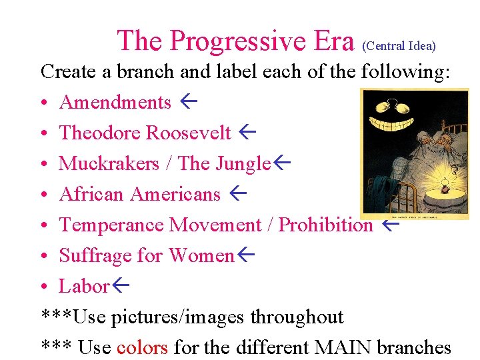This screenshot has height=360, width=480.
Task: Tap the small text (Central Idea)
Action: point(399,46)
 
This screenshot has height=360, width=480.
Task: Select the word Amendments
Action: point(115,102)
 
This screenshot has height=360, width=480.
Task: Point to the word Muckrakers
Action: point(109,163)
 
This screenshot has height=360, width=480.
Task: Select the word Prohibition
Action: point(325,225)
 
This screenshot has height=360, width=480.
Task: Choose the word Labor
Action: point(84,286)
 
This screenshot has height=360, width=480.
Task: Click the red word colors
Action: point(142,347)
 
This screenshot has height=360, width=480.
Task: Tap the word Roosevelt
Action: point(188,133)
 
